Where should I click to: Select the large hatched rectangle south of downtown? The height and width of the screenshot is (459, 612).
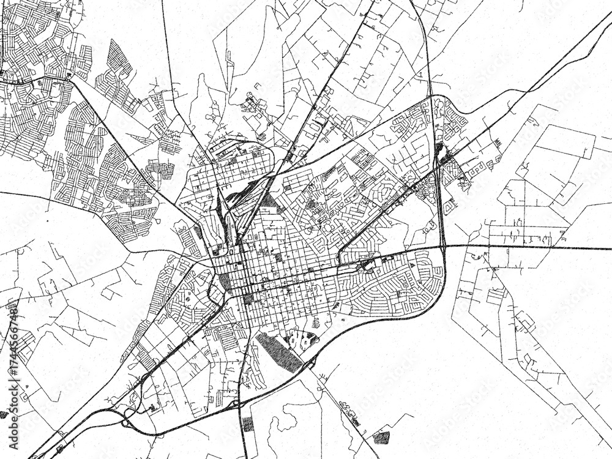coord(278,351)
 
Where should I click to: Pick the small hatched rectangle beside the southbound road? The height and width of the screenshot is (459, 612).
coord(247,424)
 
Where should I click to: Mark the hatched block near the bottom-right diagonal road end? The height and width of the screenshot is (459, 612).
coord(381,437)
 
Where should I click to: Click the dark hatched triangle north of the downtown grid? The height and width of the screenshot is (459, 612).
coord(273,203)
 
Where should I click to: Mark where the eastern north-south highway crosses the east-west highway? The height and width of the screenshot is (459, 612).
coord(444,247)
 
